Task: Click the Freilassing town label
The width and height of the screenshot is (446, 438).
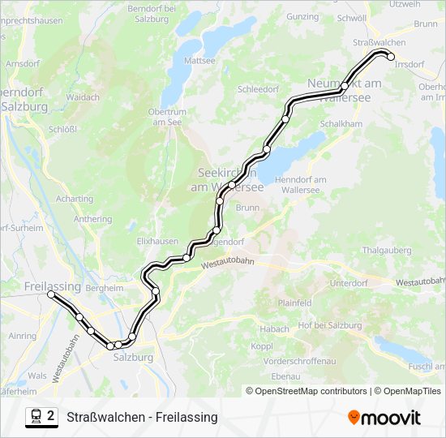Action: (x=53, y=287)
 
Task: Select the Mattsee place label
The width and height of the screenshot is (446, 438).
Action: (x=199, y=60)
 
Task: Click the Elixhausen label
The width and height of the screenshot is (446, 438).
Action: (x=157, y=241)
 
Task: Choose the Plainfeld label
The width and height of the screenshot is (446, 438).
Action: (x=294, y=303)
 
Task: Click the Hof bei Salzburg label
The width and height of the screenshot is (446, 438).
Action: (x=330, y=325)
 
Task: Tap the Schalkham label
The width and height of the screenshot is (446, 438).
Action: (x=341, y=123)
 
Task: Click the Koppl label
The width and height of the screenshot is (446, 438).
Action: (x=262, y=346)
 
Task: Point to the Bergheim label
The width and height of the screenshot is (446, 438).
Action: (x=104, y=288)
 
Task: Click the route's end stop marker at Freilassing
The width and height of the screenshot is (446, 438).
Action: (x=51, y=295)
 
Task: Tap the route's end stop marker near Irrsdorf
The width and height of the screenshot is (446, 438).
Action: (x=390, y=57)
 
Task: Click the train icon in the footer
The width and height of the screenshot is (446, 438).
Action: (x=36, y=416)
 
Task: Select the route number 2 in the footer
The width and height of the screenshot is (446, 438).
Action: (x=51, y=416)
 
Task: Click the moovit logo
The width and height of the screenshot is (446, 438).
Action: (x=384, y=418)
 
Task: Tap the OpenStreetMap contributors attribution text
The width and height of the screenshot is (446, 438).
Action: (x=310, y=391)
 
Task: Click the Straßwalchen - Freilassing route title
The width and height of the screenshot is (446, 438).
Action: (x=143, y=417)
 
